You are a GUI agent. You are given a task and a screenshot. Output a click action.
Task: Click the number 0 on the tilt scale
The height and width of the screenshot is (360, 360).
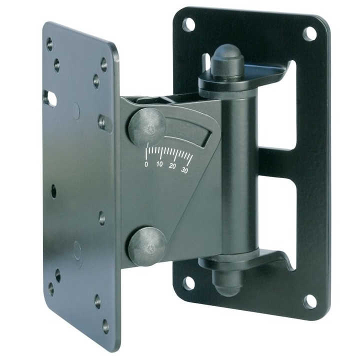point(146,164)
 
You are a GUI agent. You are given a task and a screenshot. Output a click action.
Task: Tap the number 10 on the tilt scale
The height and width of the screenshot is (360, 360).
point(159,164)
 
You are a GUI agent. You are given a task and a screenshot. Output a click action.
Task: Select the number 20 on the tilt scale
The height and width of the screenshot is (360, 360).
point(172,166)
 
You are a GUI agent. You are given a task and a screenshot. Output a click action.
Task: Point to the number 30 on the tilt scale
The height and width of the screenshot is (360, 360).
point(185,170)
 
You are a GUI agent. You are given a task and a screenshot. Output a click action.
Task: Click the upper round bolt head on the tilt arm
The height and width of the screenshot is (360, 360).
point(147,127)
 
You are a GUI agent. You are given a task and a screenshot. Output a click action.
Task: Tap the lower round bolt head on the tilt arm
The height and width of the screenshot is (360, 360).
point(147,246)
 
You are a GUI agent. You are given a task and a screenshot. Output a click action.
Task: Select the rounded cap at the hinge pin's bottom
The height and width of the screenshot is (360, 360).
point(226,283)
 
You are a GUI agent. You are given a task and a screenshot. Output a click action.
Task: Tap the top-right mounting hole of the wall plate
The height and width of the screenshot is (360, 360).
point(309,34)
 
